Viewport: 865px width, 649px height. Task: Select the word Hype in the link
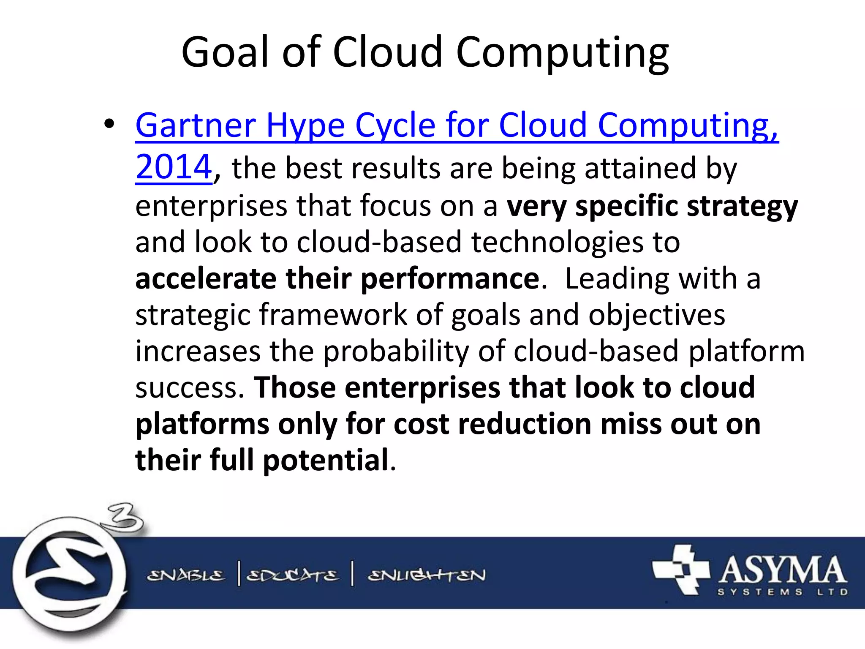pos(305,126)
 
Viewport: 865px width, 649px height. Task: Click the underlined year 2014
pos(173,167)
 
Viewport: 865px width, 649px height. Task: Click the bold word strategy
pos(742,206)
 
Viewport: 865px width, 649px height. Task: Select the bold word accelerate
pos(206,279)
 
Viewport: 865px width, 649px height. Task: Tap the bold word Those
pos(294,387)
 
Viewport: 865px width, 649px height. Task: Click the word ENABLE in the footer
pos(186,575)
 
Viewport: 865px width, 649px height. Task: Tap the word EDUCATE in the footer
pos(292,575)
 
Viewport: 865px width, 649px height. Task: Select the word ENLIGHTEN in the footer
pos(427,575)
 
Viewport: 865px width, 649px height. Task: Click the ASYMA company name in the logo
pos(782,570)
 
